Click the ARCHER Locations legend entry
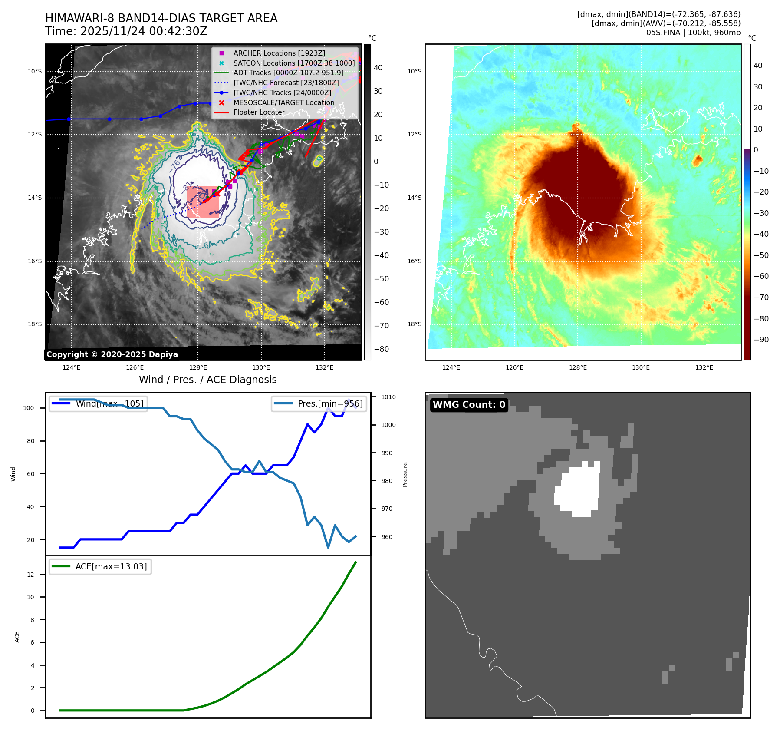[x=279, y=53]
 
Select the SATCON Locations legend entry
[x=293, y=63]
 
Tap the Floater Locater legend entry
[x=259, y=112]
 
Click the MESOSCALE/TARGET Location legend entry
[x=283, y=102]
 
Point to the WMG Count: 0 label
[x=469, y=405]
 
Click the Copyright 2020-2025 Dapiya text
[x=112, y=354]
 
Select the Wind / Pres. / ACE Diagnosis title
[x=207, y=380]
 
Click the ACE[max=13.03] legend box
[x=100, y=566]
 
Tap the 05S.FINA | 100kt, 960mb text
[x=693, y=33]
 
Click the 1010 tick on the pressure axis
[x=388, y=397]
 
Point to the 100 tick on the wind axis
[x=29, y=408]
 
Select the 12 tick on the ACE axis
[x=30, y=575]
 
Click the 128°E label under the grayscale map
[x=198, y=367]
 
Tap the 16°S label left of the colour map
[x=415, y=261]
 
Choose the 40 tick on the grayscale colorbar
[x=378, y=68]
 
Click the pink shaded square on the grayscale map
[x=203, y=202]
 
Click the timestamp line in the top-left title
[x=126, y=31]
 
